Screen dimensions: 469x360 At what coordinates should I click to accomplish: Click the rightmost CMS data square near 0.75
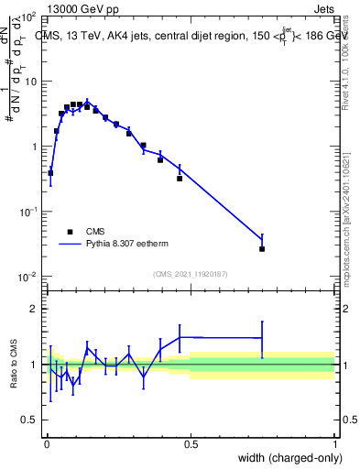coord(262,248)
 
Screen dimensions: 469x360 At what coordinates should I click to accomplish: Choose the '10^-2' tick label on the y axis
coord(27,277)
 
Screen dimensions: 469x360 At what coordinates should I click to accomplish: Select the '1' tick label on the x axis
coord(334,444)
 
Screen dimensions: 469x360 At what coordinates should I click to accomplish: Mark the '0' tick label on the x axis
coord(46,444)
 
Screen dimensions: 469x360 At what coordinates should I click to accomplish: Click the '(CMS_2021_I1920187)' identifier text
coord(190,273)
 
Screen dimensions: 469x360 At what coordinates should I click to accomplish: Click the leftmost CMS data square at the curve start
coord(50,172)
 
